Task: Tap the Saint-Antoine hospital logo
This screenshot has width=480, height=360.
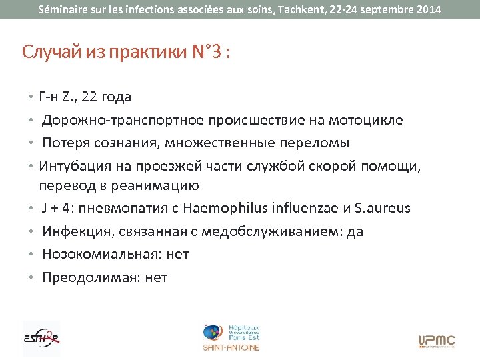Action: click(x=231, y=337)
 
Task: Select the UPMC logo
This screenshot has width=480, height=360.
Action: click(x=436, y=341)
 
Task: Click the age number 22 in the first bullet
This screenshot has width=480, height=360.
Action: click(x=89, y=97)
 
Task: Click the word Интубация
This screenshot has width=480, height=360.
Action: click(x=73, y=165)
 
